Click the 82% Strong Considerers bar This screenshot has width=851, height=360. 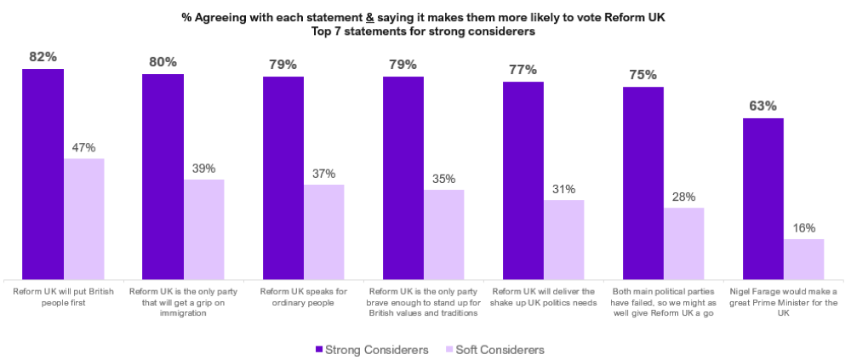(43, 174)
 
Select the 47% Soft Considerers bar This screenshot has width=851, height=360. (83, 219)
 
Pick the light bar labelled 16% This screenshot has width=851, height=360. (803, 259)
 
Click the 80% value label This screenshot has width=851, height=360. (163, 61)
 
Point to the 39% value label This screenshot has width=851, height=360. (204, 168)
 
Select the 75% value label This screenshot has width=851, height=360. (643, 74)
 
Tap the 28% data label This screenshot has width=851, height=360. (684, 196)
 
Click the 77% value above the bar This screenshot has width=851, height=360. (523, 69)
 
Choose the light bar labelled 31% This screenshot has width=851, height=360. (564, 239)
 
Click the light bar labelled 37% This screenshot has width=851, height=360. (324, 231)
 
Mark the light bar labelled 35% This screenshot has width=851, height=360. (444, 234)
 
